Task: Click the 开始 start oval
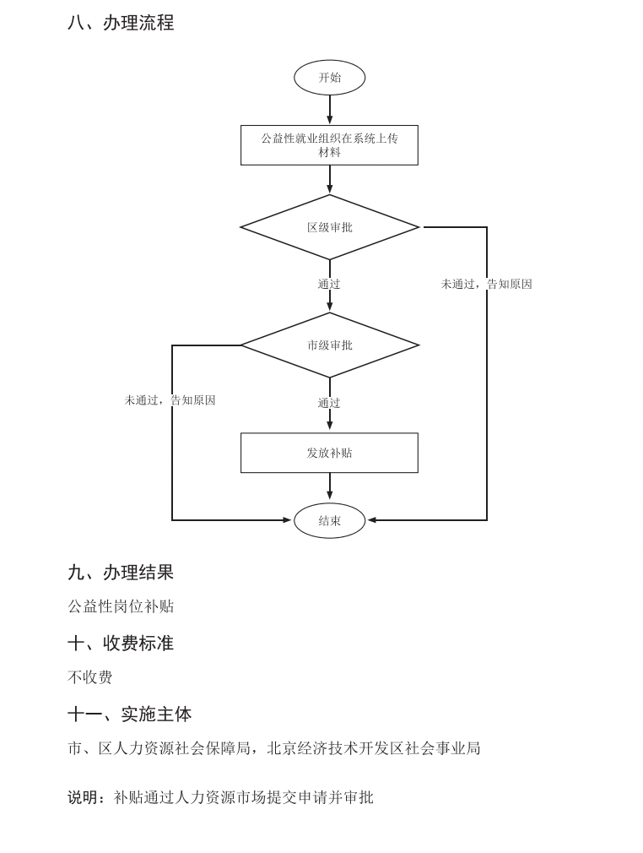click(329, 78)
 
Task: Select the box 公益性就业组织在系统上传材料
click(329, 145)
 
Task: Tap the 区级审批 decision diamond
click(329, 227)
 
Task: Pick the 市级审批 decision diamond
click(329, 345)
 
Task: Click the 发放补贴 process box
click(329, 453)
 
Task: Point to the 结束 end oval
click(329, 520)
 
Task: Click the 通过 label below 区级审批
click(329, 285)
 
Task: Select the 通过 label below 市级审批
click(329, 403)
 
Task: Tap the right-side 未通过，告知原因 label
click(486, 285)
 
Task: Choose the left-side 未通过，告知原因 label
click(170, 400)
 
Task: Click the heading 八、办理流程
click(121, 23)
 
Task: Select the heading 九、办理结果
click(121, 573)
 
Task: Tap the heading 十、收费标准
click(121, 644)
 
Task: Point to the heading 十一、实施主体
click(129, 714)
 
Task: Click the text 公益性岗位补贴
click(121, 606)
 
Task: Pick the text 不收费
click(89, 677)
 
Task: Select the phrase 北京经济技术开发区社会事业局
click(374, 748)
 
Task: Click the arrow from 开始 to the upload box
click(329, 110)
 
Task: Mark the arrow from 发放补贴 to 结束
click(329, 487)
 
